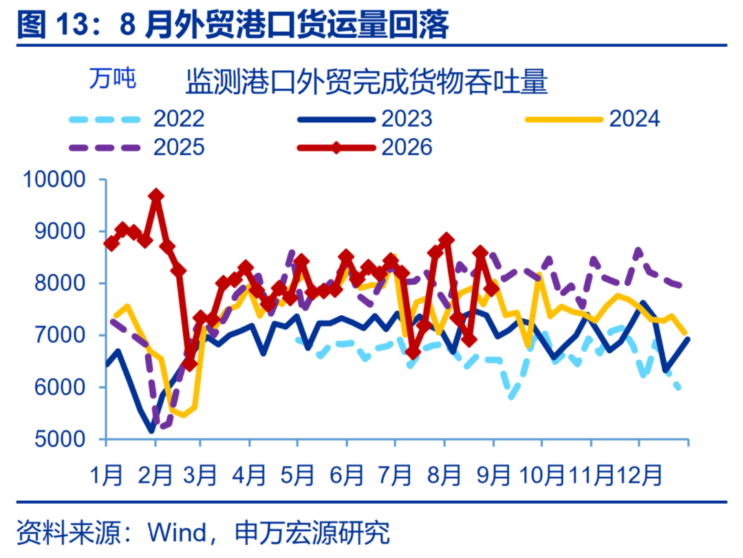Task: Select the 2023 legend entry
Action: point(365,118)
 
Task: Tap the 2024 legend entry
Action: point(592,118)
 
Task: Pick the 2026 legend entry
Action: point(365,147)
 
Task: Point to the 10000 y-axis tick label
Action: point(54,180)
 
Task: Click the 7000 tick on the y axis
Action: point(60,335)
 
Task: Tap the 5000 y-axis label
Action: point(60,439)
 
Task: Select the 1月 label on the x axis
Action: point(106,475)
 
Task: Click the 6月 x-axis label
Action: point(347,475)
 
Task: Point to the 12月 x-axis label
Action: point(639,475)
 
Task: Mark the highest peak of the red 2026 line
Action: point(156,195)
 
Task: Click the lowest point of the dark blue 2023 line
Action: point(151,431)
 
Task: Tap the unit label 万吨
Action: point(113,78)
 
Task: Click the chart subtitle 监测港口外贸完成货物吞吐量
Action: point(367,82)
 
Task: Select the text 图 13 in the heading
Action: point(52,25)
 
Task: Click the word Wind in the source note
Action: point(177,533)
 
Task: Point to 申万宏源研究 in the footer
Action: point(312,533)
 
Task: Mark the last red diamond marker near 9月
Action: point(492,289)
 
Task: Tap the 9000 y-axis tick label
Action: point(60,231)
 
